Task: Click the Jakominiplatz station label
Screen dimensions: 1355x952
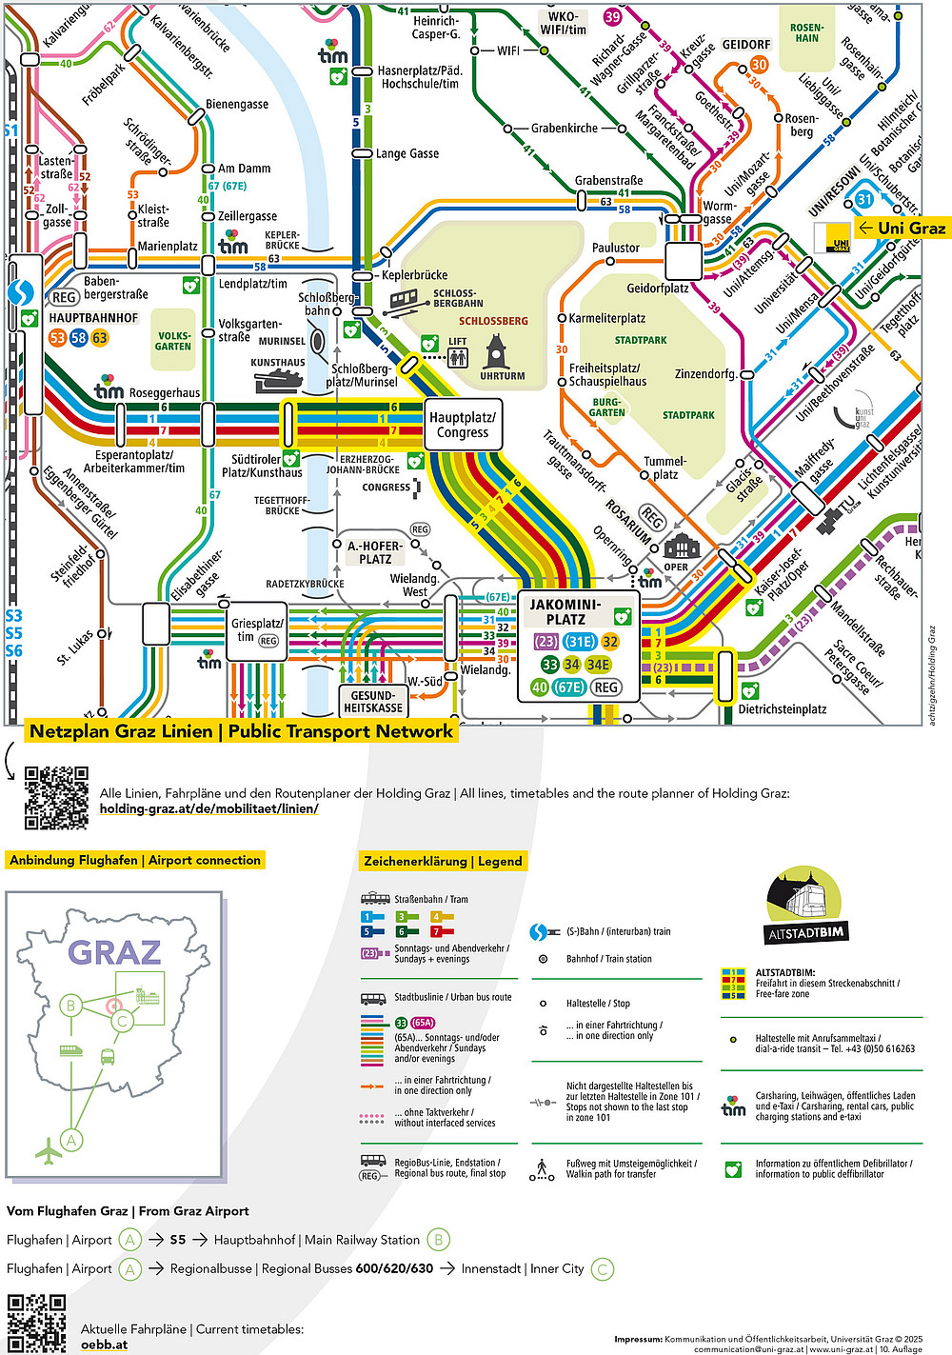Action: (x=565, y=611)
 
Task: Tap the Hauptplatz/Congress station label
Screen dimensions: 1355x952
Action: (x=463, y=425)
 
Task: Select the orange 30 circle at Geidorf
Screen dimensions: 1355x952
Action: (x=759, y=65)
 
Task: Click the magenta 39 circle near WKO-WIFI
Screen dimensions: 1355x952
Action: (x=612, y=16)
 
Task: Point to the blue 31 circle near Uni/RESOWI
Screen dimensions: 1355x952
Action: (x=863, y=199)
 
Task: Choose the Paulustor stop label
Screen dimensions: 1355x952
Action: (x=616, y=248)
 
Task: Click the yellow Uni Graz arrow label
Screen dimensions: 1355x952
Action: (x=902, y=228)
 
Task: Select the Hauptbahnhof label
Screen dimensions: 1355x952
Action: (x=93, y=318)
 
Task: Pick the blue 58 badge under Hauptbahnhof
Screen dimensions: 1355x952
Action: (x=78, y=337)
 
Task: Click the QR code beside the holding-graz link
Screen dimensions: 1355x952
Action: (x=56, y=798)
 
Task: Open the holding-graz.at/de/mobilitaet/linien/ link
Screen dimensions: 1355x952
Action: (x=208, y=808)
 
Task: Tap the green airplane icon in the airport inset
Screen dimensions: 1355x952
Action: (x=48, y=1152)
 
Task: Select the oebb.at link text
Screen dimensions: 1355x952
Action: (x=104, y=1345)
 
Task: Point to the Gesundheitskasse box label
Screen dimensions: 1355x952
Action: (x=373, y=702)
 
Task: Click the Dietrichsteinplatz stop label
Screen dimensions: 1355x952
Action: (x=783, y=709)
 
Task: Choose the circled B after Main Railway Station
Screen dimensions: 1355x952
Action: (x=438, y=1240)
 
